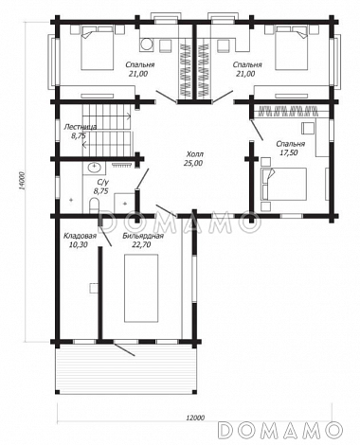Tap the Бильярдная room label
143,236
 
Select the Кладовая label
80,236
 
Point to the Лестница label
80,127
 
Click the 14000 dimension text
21,181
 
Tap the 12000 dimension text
195,418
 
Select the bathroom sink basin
94,167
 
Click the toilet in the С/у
94,205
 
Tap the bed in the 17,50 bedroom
283,184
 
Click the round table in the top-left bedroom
146,44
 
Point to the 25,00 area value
194,163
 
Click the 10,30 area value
78,244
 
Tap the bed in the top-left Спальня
98,48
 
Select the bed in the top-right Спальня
291,48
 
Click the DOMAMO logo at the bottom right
280,430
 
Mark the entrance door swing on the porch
125,350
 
